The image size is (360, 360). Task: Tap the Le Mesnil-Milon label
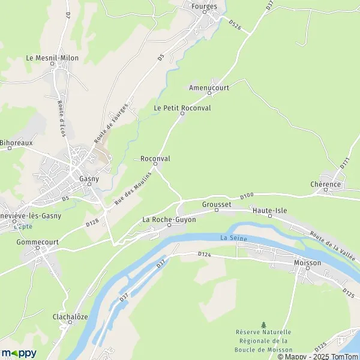coord(52,58)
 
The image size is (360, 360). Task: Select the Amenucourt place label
coord(209,87)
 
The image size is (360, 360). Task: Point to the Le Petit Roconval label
coord(182,107)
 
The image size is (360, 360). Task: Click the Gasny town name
coord(89,178)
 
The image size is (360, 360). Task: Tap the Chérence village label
coord(326,184)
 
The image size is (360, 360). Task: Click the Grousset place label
coord(216,204)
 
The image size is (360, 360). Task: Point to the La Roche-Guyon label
coord(169,220)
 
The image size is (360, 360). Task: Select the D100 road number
coord(247,196)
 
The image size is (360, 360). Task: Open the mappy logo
coord(19,353)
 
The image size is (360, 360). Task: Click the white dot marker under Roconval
coord(155,164)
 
